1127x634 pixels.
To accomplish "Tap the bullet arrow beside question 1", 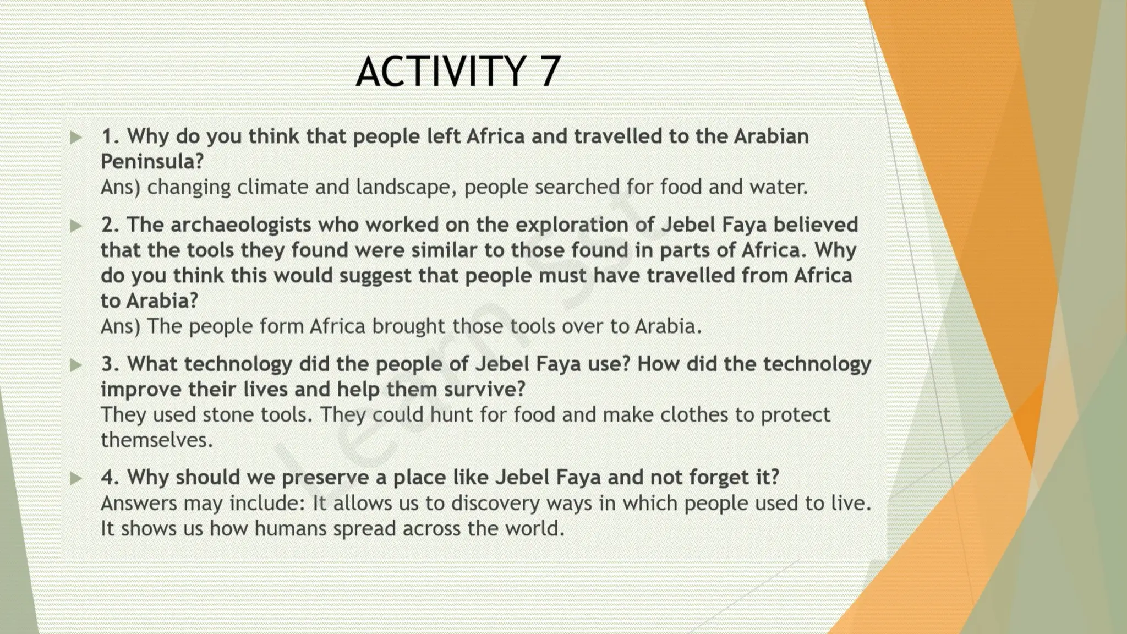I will coord(76,137).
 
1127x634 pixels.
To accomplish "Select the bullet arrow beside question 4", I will coord(76,478).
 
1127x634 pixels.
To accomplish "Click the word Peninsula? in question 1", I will coord(152,161).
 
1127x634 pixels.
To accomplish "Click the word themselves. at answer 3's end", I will coord(156,440).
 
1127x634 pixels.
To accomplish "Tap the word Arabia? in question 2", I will coord(162,301).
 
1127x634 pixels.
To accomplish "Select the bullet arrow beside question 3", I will coord(76,365).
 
